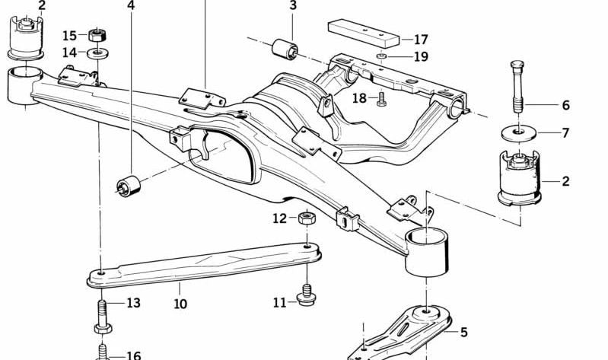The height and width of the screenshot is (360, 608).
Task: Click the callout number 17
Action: (421, 40)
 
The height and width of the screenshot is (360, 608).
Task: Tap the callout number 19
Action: (421, 56)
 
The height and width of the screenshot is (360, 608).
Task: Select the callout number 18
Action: (360, 97)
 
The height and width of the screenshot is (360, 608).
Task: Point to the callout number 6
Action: (565, 106)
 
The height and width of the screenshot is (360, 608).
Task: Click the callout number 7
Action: (565, 133)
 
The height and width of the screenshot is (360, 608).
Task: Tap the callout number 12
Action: (280, 218)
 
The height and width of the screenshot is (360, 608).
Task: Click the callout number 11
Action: (280, 302)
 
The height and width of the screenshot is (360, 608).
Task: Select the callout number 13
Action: (133, 303)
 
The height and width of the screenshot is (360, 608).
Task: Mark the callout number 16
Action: (133, 355)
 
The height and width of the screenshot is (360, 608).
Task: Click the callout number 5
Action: (464, 332)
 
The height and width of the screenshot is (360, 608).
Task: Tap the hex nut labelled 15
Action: (96, 34)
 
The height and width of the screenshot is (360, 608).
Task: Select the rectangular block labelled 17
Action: (363, 33)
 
